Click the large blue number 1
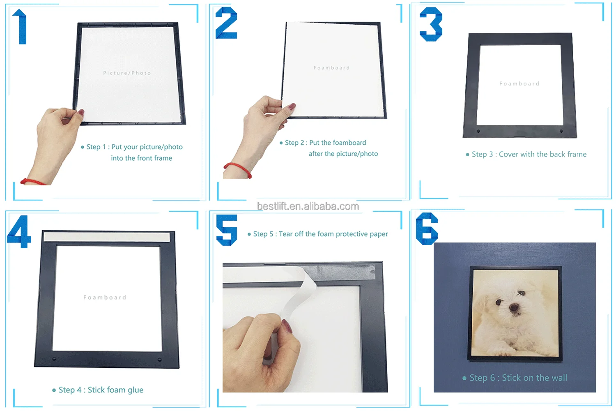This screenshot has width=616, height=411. (x=21, y=27)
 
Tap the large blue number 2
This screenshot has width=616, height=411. (x=226, y=23)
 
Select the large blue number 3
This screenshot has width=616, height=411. (x=431, y=24)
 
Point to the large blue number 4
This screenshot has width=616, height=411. (x=19, y=231)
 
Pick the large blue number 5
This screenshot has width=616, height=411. (x=227, y=230)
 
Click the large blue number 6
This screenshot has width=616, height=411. (x=427, y=229)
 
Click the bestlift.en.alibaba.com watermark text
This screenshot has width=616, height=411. (x=308, y=206)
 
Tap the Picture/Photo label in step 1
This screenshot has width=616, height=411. (x=127, y=73)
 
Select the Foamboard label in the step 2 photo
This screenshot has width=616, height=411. (x=332, y=68)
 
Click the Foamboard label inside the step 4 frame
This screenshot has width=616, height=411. (x=105, y=297)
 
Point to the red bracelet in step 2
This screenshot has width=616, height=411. (x=238, y=169)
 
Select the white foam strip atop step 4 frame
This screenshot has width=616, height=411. (x=107, y=237)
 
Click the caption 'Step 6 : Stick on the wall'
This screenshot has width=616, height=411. (x=515, y=378)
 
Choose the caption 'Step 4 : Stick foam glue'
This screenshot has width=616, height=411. (x=98, y=390)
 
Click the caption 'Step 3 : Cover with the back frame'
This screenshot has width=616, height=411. (x=526, y=154)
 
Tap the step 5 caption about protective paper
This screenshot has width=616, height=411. (x=317, y=234)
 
